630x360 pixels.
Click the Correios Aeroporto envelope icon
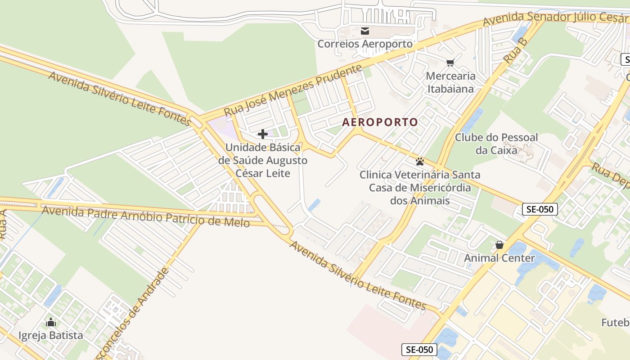click(x=365, y=31)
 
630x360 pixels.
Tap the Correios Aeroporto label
click(x=365, y=44)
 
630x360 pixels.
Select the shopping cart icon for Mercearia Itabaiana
click(x=450, y=63)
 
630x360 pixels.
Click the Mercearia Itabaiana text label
click(x=450, y=82)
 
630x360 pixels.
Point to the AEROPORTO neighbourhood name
click(x=380, y=122)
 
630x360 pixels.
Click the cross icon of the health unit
click(x=263, y=134)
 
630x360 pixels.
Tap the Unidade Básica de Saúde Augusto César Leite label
click(x=263, y=160)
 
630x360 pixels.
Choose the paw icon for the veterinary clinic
click(x=420, y=162)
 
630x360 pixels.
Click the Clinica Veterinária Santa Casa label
click(x=420, y=187)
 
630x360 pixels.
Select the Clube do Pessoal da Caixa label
click(x=496, y=144)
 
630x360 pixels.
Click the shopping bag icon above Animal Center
click(x=499, y=245)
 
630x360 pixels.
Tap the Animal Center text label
click(x=499, y=258)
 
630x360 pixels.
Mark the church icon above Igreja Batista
click(x=51, y=322)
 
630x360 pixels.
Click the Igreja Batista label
click(x=51, y=335)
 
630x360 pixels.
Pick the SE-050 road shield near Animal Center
click(x=540, y=209)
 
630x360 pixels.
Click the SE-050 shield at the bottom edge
click(x=419, y=350)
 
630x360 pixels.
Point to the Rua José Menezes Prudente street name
click(x=293, y=90)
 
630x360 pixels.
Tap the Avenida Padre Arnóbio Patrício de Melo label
click(x=145, y=216)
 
